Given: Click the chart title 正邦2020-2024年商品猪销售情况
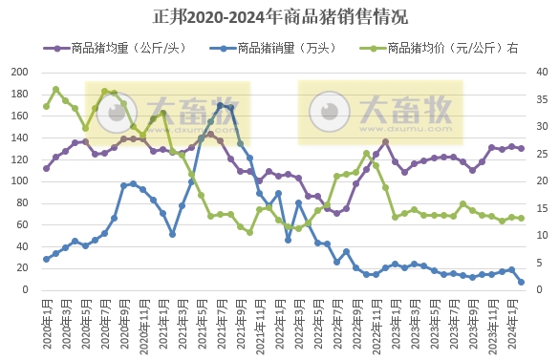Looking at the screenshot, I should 279,16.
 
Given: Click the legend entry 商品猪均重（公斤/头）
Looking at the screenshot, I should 125,47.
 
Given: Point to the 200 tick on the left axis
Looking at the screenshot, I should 19,72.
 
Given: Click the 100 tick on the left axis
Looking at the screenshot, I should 19,180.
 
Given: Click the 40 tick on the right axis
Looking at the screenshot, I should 541,72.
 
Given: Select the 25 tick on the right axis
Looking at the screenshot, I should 541,154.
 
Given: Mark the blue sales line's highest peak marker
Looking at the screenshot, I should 220,105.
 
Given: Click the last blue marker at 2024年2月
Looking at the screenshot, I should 521,282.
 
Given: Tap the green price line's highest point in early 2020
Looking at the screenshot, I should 55,90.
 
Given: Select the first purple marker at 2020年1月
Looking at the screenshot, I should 46,168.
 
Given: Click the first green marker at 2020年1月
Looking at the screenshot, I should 46,106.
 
